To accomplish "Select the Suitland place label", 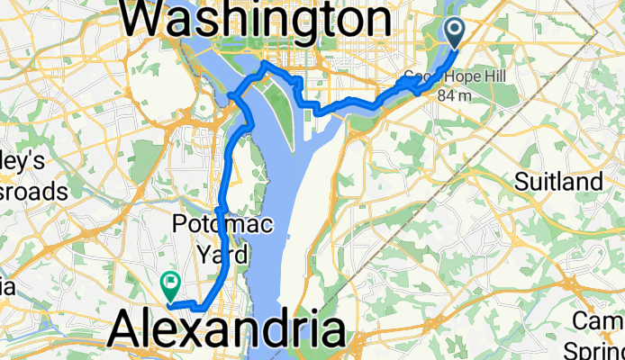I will point(558,182).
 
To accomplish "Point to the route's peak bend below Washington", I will point(263,65).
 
